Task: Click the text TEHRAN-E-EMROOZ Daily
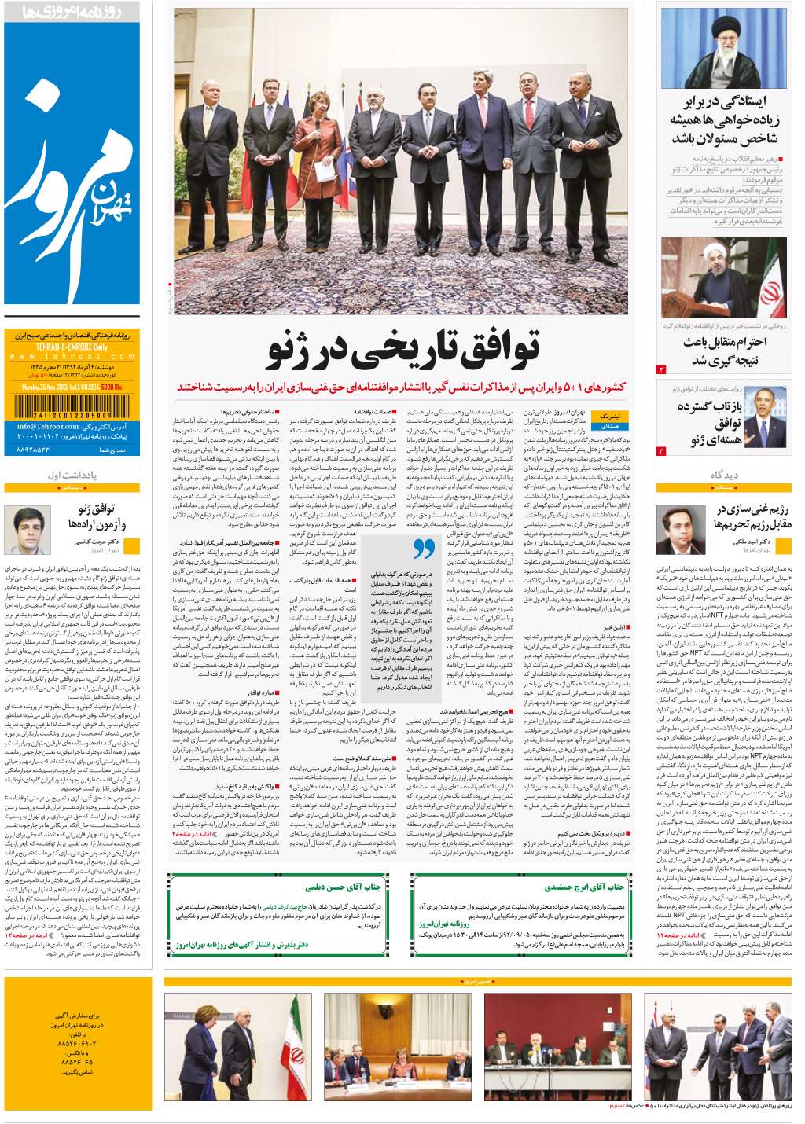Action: [x=72, y=347]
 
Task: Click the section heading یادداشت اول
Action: [x=72, y=476]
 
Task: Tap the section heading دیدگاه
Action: [x=723, y=476]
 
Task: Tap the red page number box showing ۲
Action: [x=661, y=369]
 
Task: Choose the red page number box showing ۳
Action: [x=661, y=451]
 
